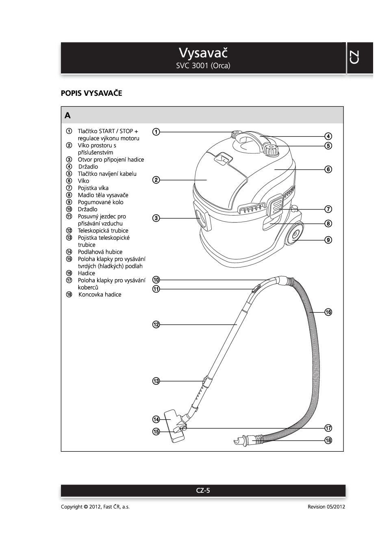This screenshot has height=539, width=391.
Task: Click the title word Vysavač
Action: [x=203, y=53]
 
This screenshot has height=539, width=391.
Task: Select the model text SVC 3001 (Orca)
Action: [x=203, y=66]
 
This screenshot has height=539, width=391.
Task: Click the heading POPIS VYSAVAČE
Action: [x=91, y=93]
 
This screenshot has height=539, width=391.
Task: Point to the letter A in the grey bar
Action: [x=67, y=116]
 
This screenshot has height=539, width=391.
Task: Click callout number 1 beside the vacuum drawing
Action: [x=156, y=132]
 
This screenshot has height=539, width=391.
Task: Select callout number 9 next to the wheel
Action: [x=328, y=240]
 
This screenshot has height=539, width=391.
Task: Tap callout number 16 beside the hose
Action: [x=328, y=312]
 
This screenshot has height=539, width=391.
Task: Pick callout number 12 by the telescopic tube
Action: [x=156, y=324]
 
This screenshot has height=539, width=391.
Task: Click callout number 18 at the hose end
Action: [x=328, y=440]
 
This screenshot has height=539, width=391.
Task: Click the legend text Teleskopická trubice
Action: [x=103, y=231]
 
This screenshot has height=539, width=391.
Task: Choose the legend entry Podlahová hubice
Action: [x=100, y=252]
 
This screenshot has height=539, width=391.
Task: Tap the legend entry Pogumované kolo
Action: [x=100, y=202]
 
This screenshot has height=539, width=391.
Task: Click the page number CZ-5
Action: [x=203, y=490]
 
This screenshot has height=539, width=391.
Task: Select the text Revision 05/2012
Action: [x=326, y=507]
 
